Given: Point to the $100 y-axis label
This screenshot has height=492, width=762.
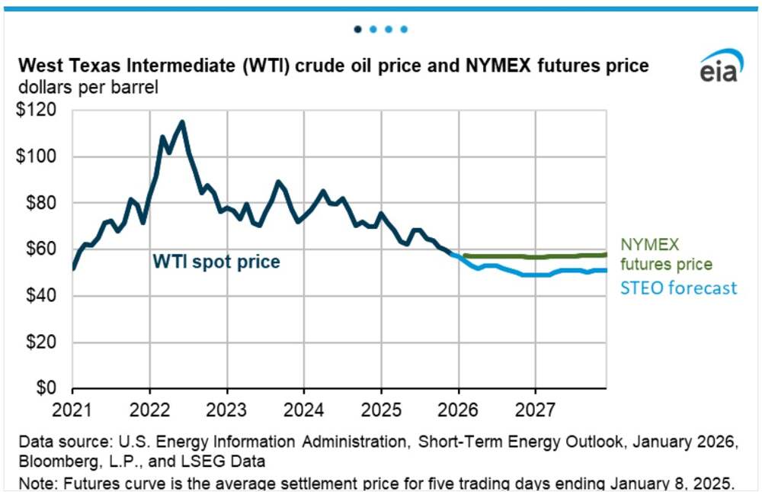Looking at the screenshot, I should click(40, 156).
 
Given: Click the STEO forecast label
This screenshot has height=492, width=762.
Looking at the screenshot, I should click(677, 288).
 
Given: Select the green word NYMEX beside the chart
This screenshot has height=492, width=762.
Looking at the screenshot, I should click(648, 245).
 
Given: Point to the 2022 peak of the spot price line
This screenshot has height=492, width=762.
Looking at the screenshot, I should click(181, 121).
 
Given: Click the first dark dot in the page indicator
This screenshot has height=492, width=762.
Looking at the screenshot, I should click(358, 30).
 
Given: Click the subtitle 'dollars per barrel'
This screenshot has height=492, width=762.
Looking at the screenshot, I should click(88, 88).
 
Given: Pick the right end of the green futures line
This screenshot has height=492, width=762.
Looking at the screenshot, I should click(606, 254).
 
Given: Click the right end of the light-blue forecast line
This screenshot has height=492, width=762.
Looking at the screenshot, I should click(606, 270).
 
